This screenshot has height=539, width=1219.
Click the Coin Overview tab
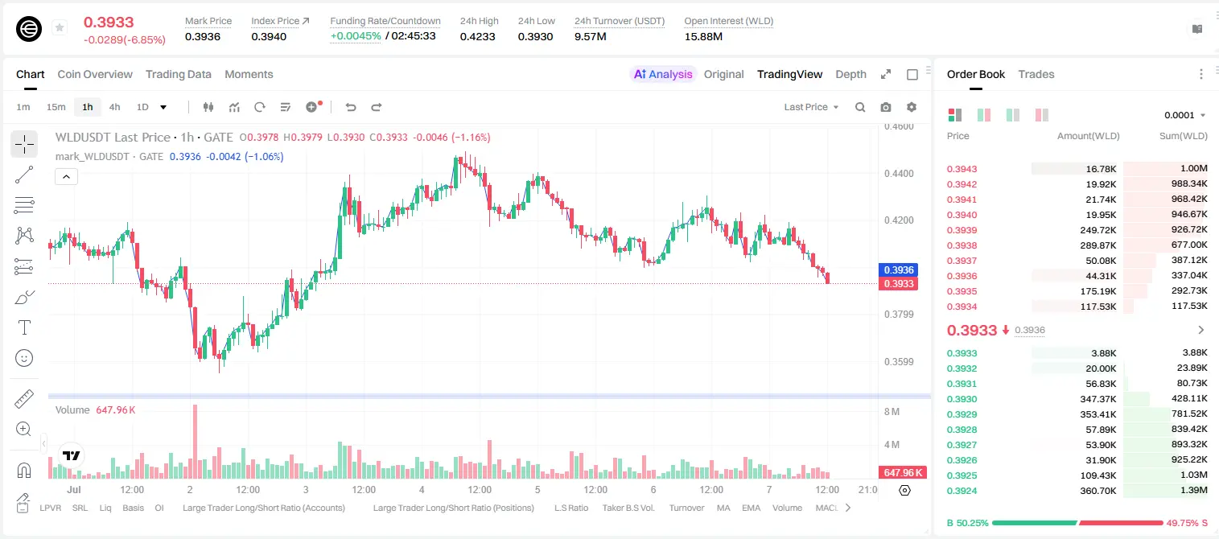click(95, 74)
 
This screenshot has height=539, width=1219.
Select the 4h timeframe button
click(114, 107)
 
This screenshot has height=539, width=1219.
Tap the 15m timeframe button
click(56, 107)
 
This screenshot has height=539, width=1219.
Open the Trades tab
click(1036, 74)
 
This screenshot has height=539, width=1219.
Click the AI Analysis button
click(663, 74)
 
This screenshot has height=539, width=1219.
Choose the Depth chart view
click(850, 74)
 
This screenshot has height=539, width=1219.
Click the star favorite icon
click(60, 27)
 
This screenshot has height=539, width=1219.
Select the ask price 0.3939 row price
click(962, 230)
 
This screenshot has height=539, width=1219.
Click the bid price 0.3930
click(962, 399)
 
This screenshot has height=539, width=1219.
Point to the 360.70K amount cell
click(1098, 491)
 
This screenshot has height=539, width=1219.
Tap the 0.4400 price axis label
click(899, 174)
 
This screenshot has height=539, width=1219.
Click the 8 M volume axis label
click(892, 412)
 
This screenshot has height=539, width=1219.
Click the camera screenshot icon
click(886, 107)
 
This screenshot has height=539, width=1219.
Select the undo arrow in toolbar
click(351, 107)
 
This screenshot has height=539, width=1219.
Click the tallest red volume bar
click(196, 441)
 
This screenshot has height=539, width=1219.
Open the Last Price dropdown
click(811, 107)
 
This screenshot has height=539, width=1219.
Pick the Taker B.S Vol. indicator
click(628, 508)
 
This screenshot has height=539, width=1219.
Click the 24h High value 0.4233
click(477, 36)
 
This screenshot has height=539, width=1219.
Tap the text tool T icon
click(24, 327)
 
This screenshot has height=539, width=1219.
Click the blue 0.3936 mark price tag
click(898, 269)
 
